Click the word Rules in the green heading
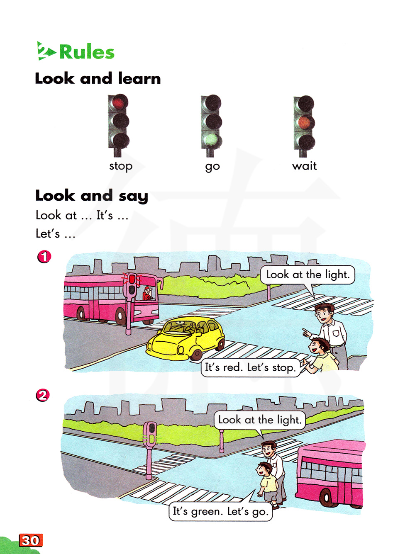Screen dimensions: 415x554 [87, 52]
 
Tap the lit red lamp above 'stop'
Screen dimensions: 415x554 [118, 102]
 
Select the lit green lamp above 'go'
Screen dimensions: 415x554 [212, 140]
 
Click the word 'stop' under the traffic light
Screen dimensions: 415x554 [121, 166]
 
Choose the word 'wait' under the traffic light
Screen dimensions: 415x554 [304, 166]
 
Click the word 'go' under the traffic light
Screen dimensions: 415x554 [212, 167]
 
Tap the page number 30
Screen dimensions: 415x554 [31, 540]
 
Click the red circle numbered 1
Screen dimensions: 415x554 [44, 257]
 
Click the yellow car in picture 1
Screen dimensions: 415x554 [186, 339]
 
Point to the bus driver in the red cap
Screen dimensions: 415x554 [148, 293]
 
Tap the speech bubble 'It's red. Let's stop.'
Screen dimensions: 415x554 [251, 367]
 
